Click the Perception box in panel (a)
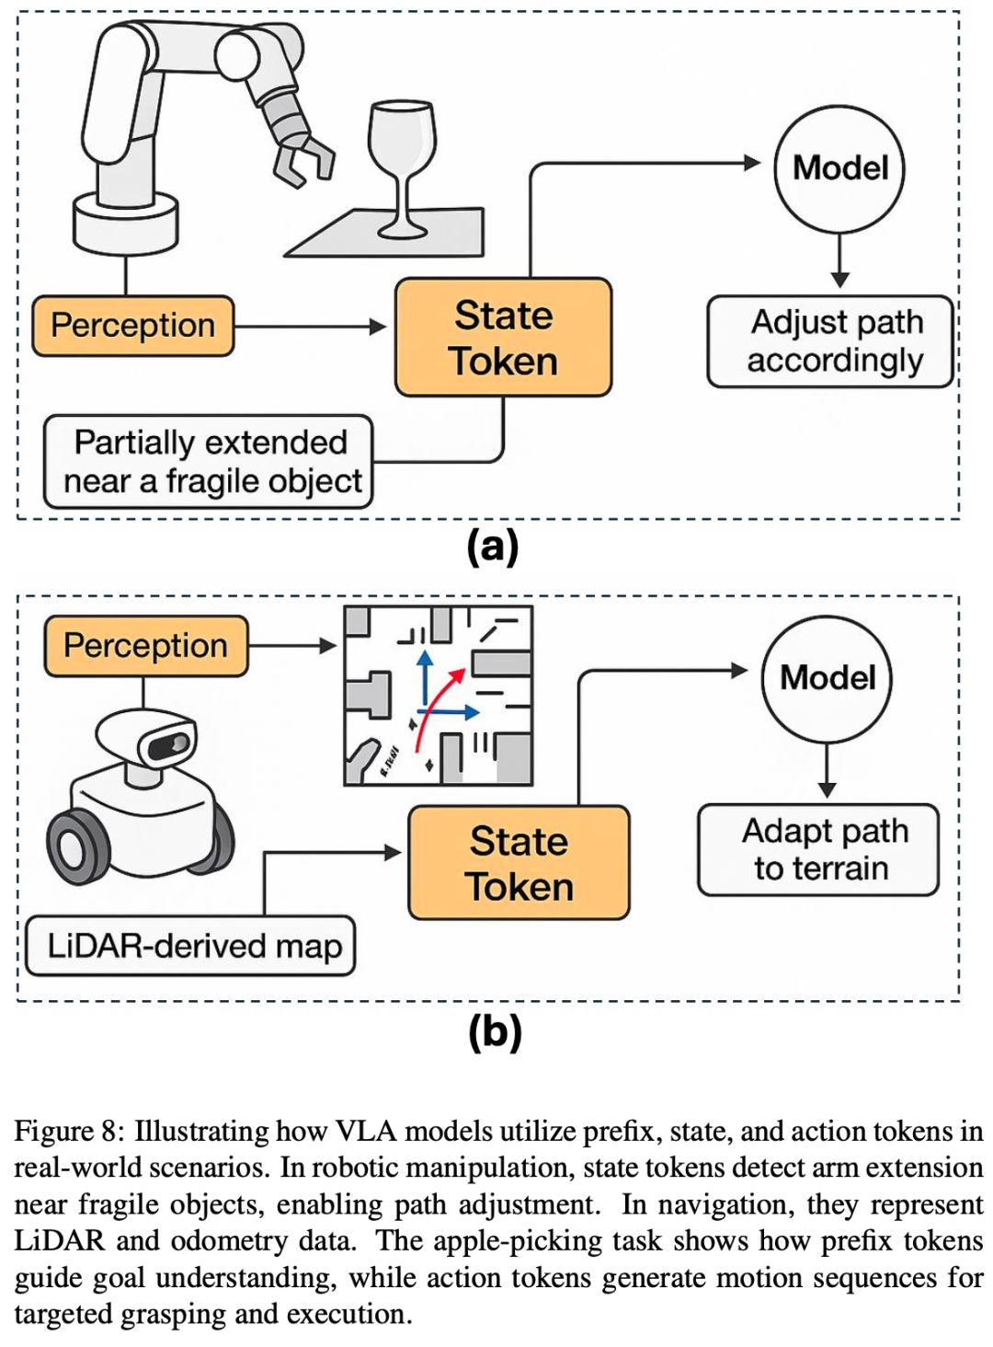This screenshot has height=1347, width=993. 133,326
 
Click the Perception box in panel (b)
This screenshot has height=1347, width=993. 146,646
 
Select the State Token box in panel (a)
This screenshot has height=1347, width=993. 503,338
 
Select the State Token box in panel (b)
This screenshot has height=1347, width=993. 519,863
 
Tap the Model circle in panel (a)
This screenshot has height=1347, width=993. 839,168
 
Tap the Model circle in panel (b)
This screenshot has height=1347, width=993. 827,679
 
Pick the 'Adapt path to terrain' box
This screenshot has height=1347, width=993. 818,850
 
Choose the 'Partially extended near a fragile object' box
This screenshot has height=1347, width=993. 209,462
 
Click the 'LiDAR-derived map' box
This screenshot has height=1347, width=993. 190,946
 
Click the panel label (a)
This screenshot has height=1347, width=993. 493,547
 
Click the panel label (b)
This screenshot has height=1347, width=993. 495,1031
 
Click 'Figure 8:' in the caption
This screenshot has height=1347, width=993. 68,1131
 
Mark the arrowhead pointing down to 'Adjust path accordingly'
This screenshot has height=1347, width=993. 839,280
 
